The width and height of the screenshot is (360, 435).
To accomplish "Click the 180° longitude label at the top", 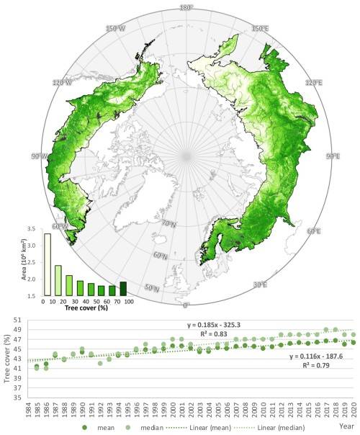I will click(x=186, y=8).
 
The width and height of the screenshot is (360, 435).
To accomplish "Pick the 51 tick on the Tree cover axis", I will click(x=20, y=318).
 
